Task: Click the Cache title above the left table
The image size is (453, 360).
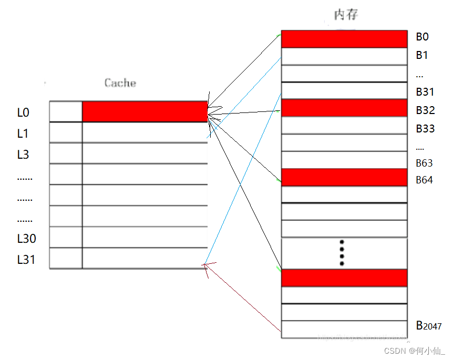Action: [x=120, y=83]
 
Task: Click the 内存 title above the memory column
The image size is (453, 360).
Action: [x=346, y=15]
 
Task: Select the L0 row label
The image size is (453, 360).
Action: [x=23, y=112]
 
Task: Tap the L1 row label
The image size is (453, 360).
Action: [x=23, y=133]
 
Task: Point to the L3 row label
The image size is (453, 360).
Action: [x=23, y=155]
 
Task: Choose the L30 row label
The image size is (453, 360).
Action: [x=27, y=239]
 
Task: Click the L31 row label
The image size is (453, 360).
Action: [x=26, y=259]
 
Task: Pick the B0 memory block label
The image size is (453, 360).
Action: [x=423, y=37]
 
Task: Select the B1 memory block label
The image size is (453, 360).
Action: [x=422, y=55]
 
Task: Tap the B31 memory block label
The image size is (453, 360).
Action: [x=425, y=92]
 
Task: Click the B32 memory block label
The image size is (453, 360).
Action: [x=425, y=110]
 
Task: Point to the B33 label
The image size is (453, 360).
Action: [x=425, y=129]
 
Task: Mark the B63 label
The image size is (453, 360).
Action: [x=424, y=163]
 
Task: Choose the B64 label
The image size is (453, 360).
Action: [x=424, y=180]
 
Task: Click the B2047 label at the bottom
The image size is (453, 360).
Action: [x=429, y=326]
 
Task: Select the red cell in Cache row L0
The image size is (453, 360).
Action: [x=145, y=111]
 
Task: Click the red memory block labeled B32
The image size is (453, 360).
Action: [x=344, y=108]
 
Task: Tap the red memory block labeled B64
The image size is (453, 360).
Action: [x=344, y=177]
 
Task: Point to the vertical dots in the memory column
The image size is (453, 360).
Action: [x=342, y=252]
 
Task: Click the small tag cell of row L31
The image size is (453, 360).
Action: [x=66, y=258]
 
